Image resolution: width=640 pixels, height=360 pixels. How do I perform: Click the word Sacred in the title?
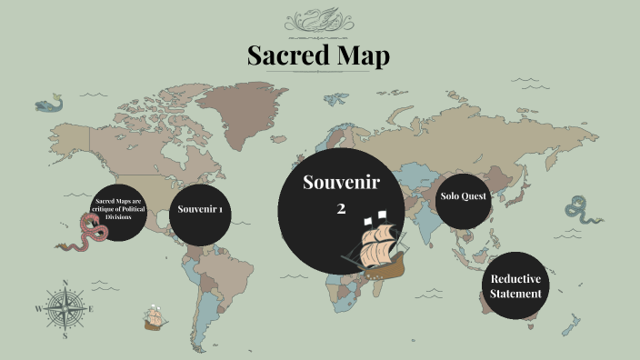[x=288, y=55]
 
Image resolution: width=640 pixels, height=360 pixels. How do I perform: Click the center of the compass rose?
[x=65, y=308]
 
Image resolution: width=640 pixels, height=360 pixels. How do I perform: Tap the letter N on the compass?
[x=65, y=284]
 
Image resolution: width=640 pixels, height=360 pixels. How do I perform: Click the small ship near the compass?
[x=154, y=318]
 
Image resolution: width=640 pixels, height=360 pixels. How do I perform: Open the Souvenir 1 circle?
[x=201, y=210]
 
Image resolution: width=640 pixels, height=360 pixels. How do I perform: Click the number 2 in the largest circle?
[x=341, y=208]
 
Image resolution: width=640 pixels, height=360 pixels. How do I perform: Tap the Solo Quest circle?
[x=464, y=196]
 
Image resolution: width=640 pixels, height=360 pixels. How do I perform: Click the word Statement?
[x=515, y=294]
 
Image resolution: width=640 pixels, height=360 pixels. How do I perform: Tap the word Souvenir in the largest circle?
[x=341, y=183]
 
